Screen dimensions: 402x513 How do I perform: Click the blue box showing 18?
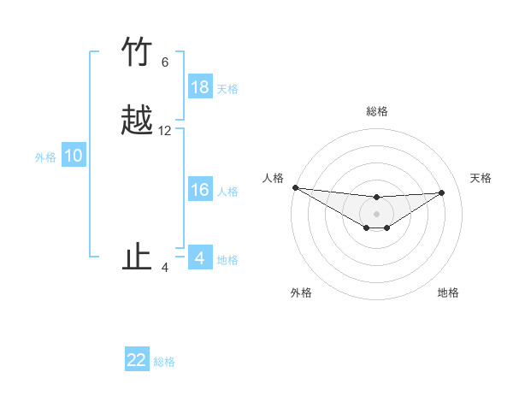(x=200, y=87)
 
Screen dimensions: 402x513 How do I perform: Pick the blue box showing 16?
(x=200, y=190)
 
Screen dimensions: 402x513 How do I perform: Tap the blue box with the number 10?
(x=74, y=156)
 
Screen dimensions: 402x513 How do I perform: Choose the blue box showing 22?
(x=137, y=360)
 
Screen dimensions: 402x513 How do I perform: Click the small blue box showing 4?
(x=200, y=258)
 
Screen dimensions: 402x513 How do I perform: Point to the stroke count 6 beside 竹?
(x=165, y=62)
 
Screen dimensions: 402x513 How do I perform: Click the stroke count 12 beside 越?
(x=165, y=131)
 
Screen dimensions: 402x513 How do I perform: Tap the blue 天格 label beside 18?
(x=227, y=88)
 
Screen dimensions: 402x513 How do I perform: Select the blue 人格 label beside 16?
(x=227, y=191)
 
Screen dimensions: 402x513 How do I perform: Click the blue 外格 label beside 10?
(x=45, y=157)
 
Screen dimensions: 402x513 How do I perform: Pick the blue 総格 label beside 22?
(x=164, y=361)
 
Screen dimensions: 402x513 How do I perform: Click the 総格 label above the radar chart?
(x=376, y=111)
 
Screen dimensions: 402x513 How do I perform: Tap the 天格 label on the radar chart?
(x=481, y=178)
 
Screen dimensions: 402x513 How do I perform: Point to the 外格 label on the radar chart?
(x=301, y=293)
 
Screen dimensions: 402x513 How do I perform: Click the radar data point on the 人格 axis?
(x=295, y=187)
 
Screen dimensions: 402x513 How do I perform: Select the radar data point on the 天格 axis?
(x=442, y=192)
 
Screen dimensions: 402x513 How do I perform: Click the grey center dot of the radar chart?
(x=376, y=214)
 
